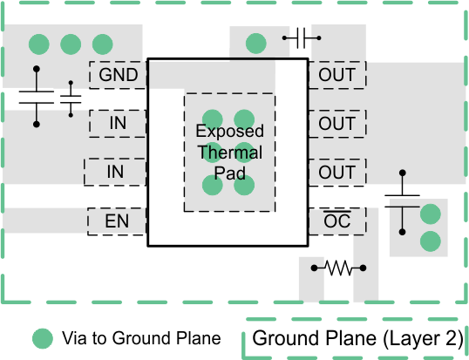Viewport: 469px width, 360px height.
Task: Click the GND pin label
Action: coord(119,75)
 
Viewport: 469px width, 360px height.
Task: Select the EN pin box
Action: coord(117,221)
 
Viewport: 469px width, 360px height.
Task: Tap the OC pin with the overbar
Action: coord(336,221)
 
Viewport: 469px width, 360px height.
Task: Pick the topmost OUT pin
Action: coord(336,75)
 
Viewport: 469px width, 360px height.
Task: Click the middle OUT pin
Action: coord(336,124)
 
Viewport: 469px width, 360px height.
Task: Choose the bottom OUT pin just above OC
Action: coord(336,173)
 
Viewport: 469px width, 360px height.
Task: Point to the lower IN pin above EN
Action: coord(114,173)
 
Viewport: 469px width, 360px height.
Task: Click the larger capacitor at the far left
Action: coord(36,97)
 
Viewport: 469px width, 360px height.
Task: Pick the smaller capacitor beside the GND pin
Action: coord(71,99)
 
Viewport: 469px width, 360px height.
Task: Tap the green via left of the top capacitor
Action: coord(255,43)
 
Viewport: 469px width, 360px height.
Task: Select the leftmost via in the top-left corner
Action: coord(37,43)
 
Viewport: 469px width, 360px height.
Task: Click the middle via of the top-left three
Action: coord(71,43)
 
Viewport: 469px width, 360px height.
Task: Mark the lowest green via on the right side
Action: coord(430,240)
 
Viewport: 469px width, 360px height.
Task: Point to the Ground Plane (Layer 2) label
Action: coord(357,339)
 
